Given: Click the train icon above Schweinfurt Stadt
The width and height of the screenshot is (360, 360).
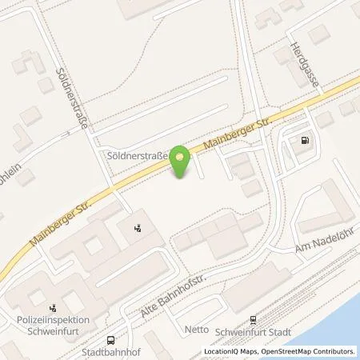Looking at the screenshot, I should coord(254,318).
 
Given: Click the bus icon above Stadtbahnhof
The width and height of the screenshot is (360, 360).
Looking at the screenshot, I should coord(112,338).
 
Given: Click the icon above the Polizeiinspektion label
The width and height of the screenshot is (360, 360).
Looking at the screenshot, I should coord(54,305).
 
